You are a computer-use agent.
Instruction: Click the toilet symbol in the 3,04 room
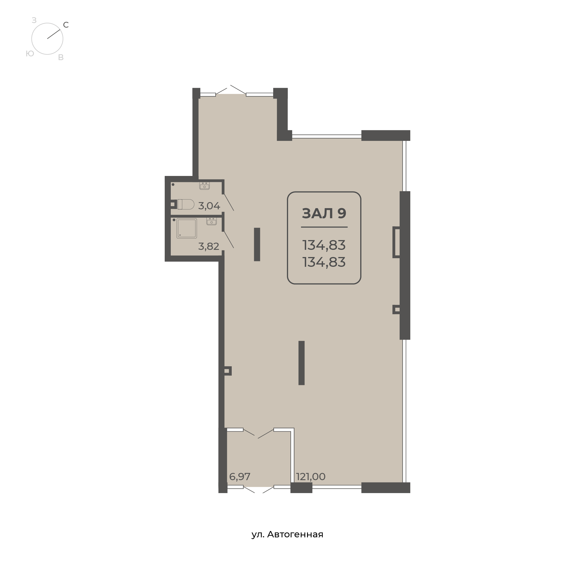point(186,204)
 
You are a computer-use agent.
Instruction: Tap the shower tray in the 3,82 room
point(187,228)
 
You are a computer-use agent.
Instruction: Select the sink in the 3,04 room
point(204,186)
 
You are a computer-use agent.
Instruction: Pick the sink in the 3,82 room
point(212,221)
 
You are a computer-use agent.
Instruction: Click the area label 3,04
point(209,206)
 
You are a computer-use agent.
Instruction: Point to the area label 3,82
point(209,246)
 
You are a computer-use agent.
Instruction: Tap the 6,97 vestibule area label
point(239,476)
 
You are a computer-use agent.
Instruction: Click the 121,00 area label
point(311,476)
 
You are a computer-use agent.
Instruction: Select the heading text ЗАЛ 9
point(324,213)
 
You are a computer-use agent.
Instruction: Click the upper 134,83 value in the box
point(324,245)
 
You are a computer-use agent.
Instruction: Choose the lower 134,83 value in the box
point(324,262)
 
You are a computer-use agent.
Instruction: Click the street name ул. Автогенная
point(287,534)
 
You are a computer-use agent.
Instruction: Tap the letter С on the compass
point(66,25)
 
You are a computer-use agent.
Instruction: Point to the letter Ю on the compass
point(30,53)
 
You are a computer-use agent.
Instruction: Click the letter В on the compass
point(61,57)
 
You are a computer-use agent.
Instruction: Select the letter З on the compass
point(34,20)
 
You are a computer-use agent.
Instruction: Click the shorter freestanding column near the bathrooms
point(257,244)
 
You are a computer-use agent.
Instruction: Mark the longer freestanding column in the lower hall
point(302,363)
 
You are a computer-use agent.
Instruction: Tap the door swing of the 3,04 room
point(229,202)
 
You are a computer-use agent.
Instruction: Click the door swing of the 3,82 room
point(229,239)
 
